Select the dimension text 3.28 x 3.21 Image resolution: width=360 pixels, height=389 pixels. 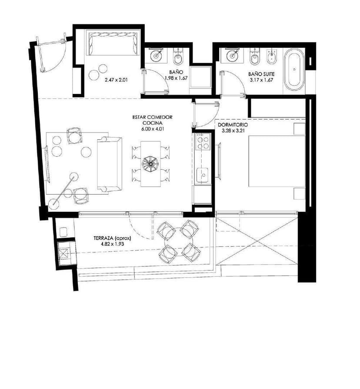[x=233, y=130]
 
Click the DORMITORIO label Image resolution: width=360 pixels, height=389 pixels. [x=233, y=124]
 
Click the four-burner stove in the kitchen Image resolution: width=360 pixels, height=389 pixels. [x=203, y=142]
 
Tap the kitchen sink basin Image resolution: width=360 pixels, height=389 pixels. [x=203, y=175]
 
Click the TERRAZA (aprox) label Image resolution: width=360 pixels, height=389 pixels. [x=112, y=238]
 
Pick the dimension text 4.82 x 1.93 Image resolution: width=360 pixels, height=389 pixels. [x=112, y=244]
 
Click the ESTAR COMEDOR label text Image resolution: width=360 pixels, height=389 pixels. [x=153, y=117]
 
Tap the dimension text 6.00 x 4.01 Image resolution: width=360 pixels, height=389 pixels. [x=153, y=128]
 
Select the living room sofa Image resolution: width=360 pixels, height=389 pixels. [x=109, y=164]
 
